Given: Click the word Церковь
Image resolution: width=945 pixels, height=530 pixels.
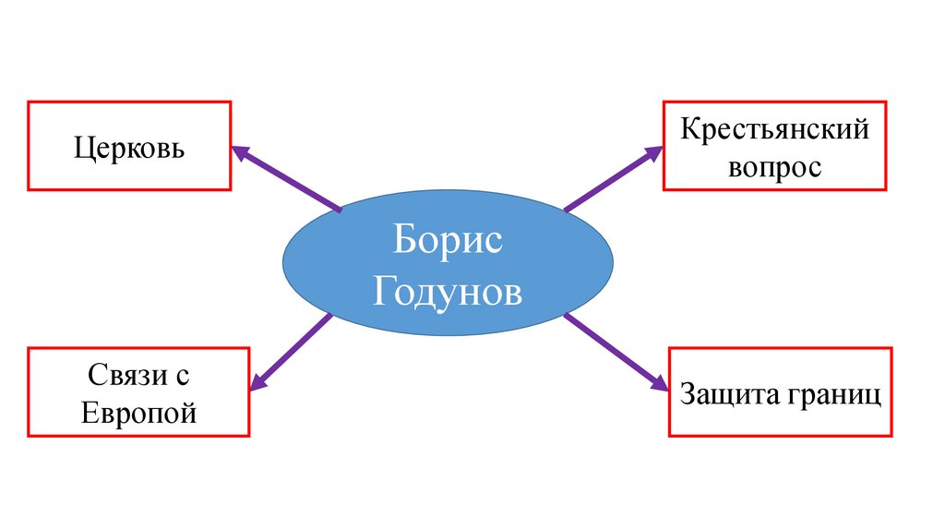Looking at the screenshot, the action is coord(129,148).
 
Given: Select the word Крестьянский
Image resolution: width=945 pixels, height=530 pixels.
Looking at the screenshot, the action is coord(775,130).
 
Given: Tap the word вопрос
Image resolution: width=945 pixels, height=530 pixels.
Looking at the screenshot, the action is coord(775,168).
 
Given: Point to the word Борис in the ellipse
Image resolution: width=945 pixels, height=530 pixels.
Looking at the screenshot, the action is coord(448,242).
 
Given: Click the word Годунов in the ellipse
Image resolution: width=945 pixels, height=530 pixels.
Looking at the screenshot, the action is coord(448,292).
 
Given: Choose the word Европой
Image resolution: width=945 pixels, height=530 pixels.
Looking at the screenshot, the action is coord(139,412).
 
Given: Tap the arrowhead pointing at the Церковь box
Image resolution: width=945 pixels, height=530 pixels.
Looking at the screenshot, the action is coord(239,152).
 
